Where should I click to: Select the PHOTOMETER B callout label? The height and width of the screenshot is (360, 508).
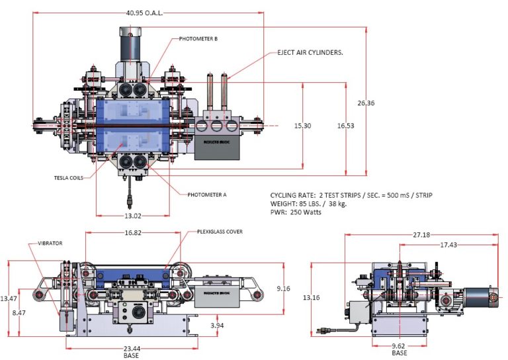click(x=198, y=39)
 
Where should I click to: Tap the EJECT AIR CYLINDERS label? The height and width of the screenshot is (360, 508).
click(x=306, y=52)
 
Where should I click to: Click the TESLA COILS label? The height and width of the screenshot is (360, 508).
click(x=68, y=177)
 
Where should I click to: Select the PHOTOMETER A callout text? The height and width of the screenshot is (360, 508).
click(x=207, y=194)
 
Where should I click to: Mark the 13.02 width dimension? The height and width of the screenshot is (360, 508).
click(x=132, y=214)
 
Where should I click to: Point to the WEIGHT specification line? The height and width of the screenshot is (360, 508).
click(x=308, y=204)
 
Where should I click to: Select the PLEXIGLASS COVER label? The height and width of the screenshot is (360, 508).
click(x=220, y=232)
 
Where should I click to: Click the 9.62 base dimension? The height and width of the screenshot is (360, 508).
click(x=399, y=345)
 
